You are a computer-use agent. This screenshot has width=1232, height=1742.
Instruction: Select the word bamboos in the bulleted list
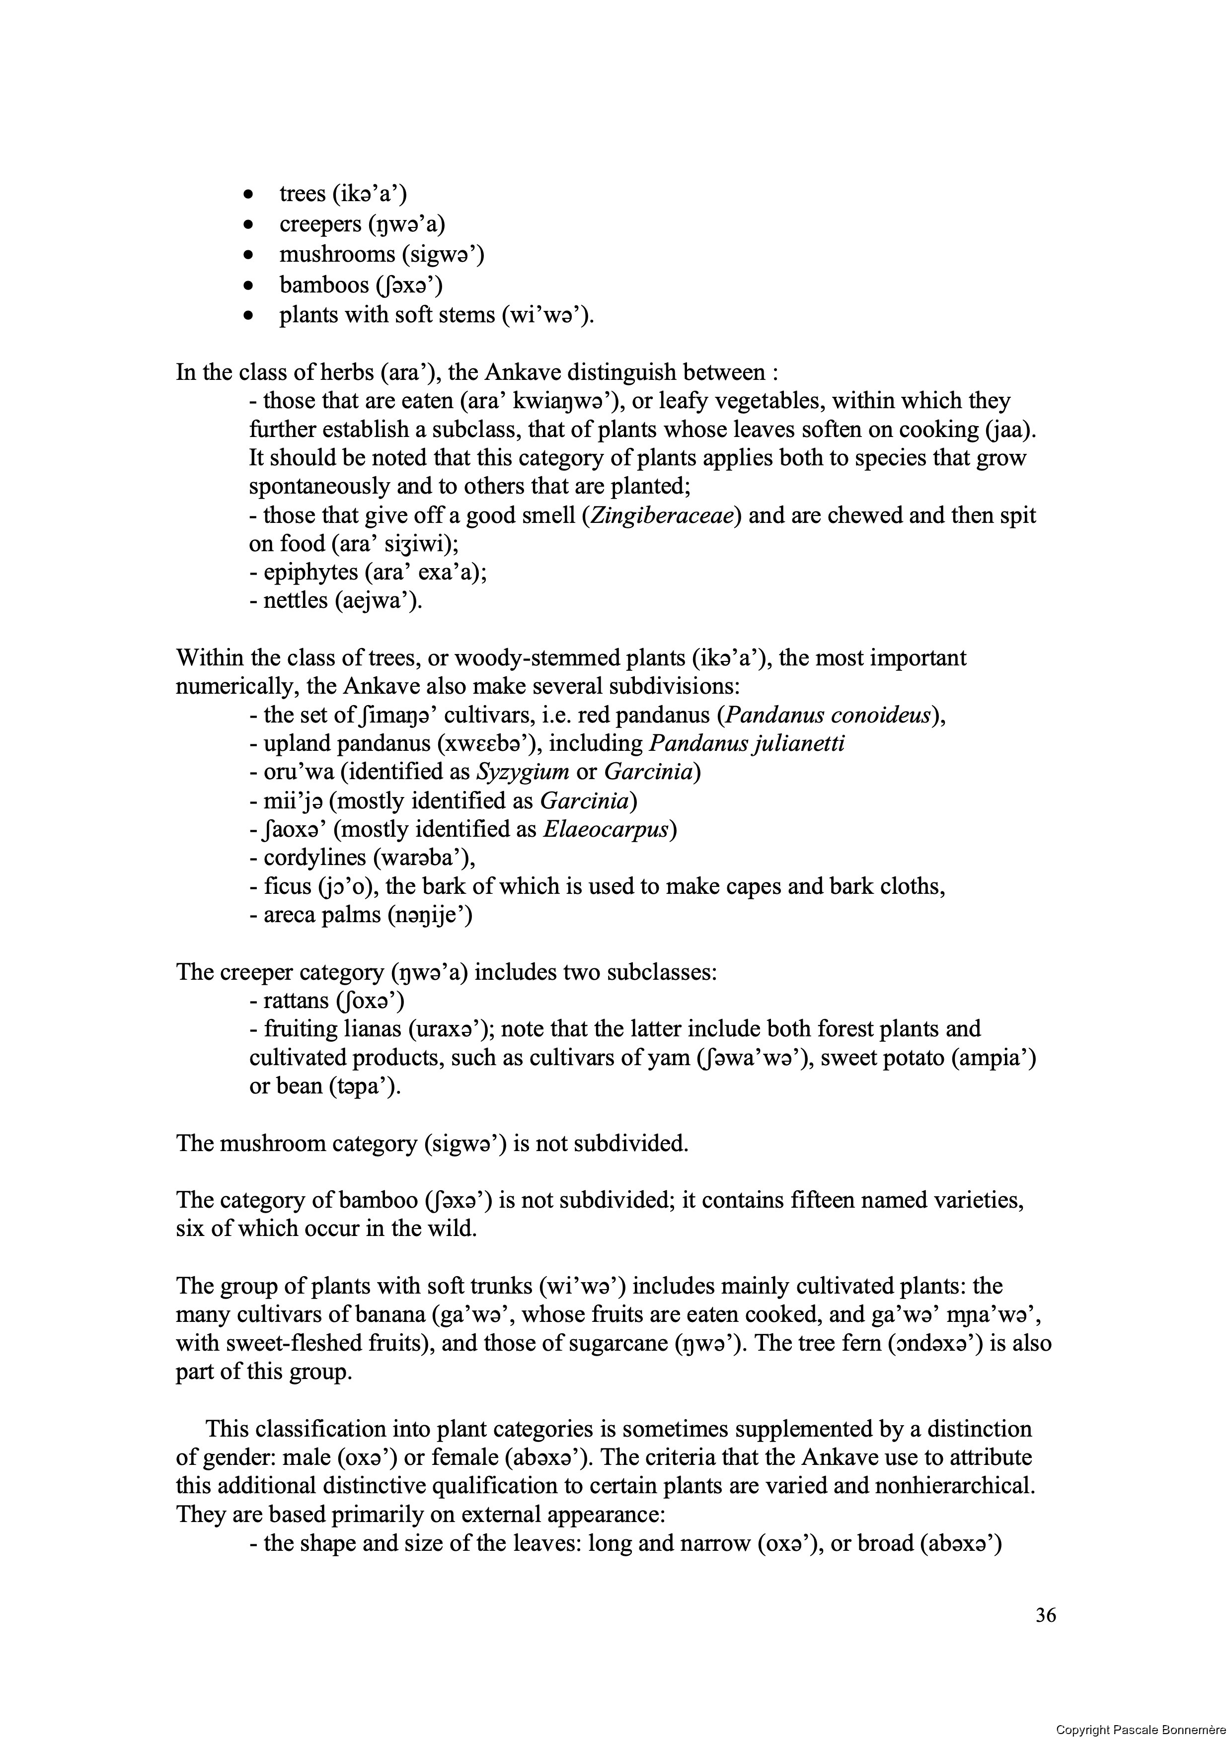point(323,285)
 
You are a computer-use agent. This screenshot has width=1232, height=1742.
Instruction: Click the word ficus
point(283,886)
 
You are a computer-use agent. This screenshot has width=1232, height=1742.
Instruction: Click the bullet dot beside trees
point(247,196)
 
